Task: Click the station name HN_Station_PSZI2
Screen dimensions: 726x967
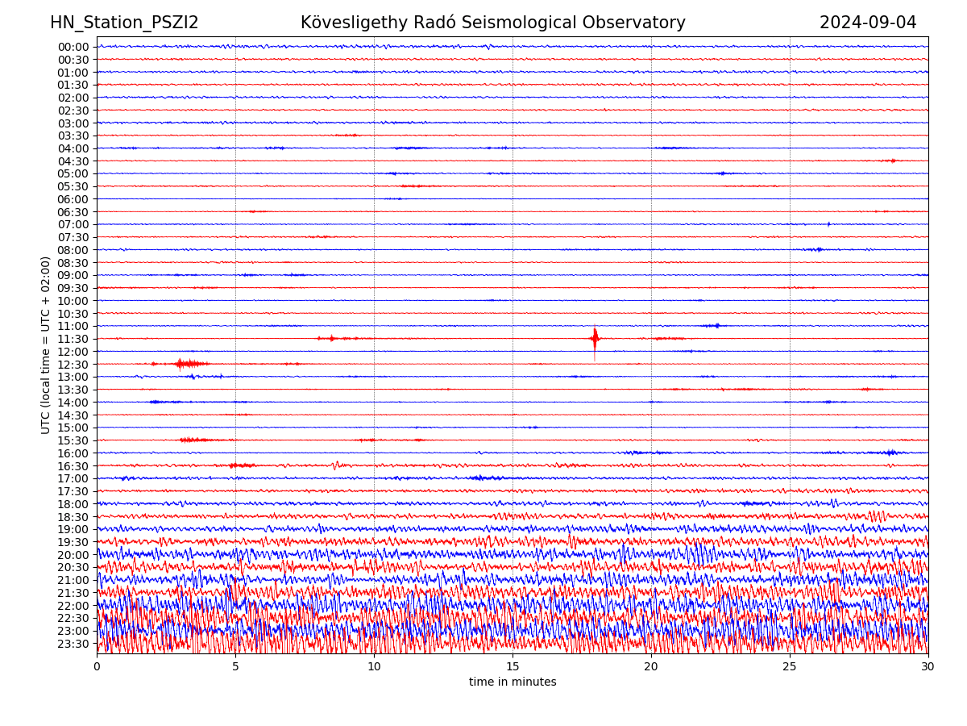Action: pos(124,23)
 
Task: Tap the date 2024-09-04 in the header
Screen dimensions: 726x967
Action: pos(868,23)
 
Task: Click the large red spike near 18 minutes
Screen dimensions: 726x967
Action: pos(595,339)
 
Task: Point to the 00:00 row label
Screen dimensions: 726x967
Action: pos(73,47)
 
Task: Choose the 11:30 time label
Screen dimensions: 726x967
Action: pos(73,339)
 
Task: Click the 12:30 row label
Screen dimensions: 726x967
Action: pos(73,365)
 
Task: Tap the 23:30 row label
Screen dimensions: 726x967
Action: pos(73,644)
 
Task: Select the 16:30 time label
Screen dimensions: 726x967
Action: pos(73,466)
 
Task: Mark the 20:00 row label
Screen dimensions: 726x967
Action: pos(73,555)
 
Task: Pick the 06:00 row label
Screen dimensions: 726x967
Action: pos(73,199)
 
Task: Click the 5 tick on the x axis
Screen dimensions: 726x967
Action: pos(235,667)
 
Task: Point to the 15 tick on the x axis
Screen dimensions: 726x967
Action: pos(513,667)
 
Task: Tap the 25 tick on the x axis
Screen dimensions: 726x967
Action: pos(790,667)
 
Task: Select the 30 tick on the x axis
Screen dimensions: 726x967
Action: pos(928,667)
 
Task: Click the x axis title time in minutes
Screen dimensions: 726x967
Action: pos(513,682)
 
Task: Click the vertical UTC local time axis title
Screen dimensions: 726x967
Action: pos(46,345)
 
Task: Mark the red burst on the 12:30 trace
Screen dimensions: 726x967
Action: pos(181,364)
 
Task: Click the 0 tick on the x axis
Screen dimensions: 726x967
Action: pos(97,667)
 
